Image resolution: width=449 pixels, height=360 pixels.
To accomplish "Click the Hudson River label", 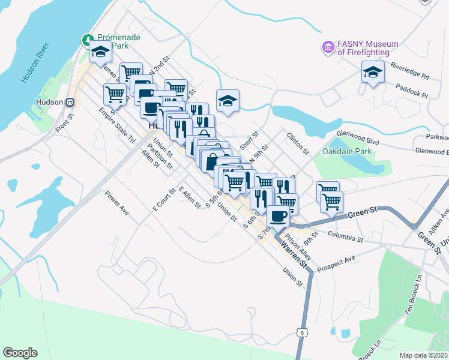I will coord(34,62).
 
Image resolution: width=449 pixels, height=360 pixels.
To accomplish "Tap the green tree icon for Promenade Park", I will coord(88,40).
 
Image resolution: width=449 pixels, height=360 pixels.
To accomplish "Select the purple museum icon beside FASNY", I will coord(328,47).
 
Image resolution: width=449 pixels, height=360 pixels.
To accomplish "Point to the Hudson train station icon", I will coord(70,102).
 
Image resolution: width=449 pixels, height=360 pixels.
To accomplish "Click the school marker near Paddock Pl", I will coord(373,73).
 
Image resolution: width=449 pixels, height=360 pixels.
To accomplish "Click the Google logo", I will coord(20,352).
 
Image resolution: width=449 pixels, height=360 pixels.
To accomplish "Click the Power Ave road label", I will coord(117,203).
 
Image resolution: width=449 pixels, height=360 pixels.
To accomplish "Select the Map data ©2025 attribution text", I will coord(424,355).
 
